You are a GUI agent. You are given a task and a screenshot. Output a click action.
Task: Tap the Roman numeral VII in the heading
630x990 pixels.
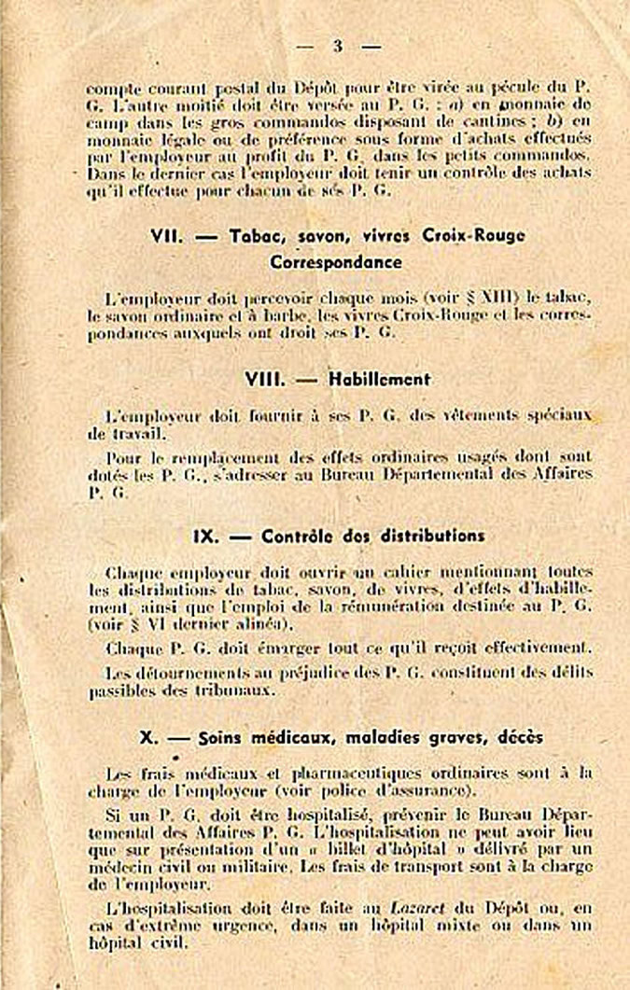[x=168, y=237]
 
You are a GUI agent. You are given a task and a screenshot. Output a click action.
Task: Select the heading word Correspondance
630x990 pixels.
[x=336, y=262]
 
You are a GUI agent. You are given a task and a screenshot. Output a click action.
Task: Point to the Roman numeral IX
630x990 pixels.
[x=205, y=537]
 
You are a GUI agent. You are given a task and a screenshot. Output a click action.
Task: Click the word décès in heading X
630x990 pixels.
[x=516, y=737]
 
